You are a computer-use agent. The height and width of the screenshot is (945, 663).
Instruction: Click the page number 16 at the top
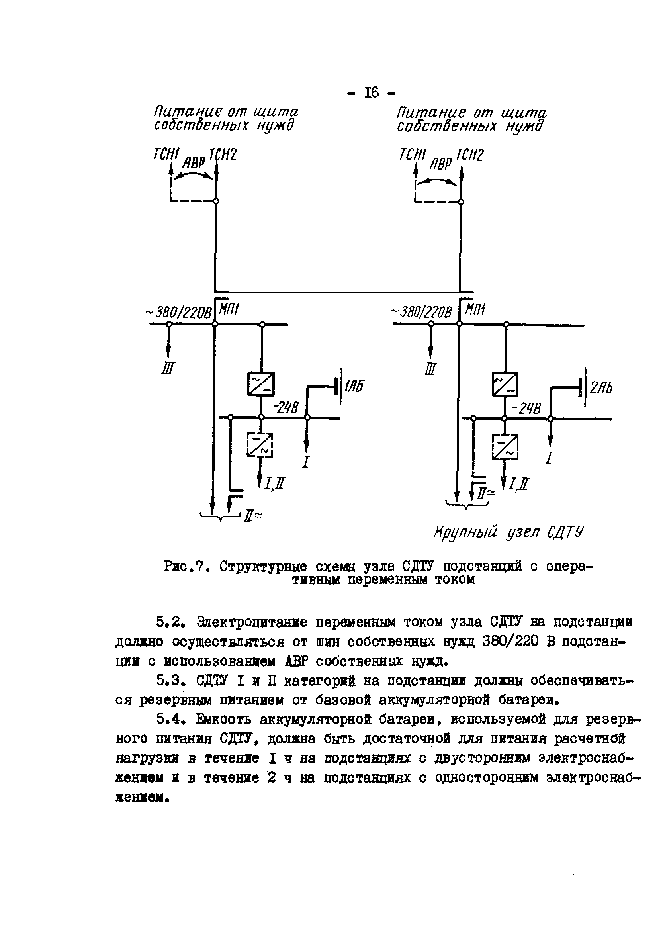[371, 93]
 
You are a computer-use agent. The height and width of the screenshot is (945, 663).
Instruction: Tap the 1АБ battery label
[354, 387]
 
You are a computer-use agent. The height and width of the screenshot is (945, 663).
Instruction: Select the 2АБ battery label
[601, 388]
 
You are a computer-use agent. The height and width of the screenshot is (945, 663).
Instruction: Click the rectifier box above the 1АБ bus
[261, 384]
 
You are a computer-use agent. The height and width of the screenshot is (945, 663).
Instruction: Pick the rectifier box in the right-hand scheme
[505, 384]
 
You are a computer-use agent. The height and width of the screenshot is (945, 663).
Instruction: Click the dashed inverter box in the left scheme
[260, 445]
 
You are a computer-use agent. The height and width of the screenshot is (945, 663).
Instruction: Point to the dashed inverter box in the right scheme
[505, 446]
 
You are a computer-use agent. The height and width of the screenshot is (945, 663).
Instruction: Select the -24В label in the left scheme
[286, 408]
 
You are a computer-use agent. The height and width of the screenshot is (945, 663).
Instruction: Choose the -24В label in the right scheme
[527, 409]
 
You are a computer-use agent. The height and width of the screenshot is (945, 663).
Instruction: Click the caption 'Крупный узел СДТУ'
[508, 532]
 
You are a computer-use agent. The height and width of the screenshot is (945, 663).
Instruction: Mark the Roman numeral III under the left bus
[168, 368]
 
